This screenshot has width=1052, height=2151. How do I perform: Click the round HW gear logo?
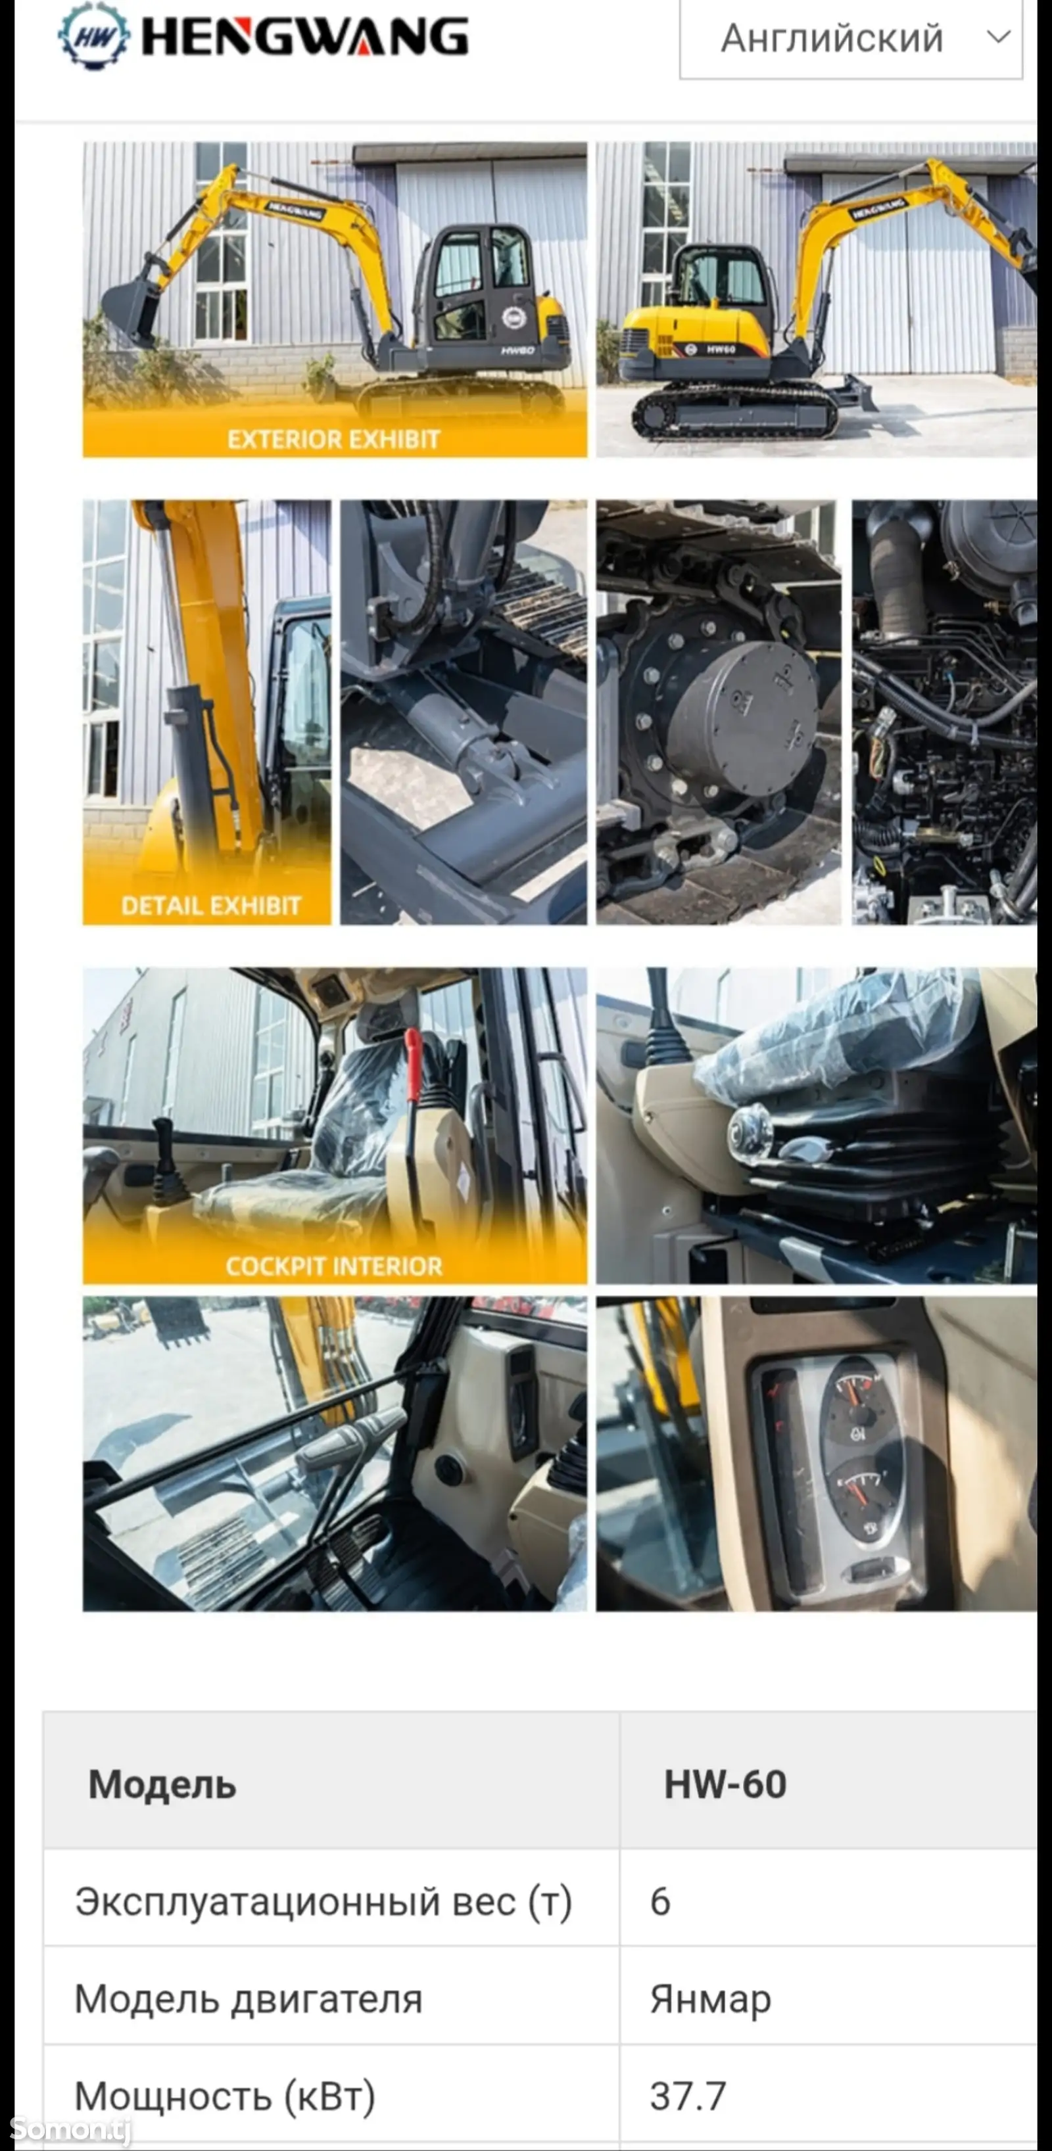(x=93, y=36)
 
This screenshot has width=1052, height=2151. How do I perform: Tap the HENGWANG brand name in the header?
(x=305, y=37)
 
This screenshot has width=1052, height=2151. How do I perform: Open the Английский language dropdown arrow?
(x=999, y=37)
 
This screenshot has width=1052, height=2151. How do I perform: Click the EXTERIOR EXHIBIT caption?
(x=333, y=439)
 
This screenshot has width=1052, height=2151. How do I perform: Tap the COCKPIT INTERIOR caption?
(x=333, y=1266)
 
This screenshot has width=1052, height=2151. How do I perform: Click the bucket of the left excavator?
(x=131, y=309)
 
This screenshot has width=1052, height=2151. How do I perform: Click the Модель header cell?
(x=163, y=1784)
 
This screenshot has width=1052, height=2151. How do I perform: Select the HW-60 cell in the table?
(x=725, y=1784)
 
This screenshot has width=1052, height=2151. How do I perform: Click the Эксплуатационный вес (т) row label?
(x=323, y=1901)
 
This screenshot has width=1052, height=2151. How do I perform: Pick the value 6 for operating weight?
(x=660, y=1901)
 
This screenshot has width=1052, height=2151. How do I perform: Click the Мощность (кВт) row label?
(x=225, y=2096)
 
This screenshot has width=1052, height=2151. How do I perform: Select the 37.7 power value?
(x=688, y=2096)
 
